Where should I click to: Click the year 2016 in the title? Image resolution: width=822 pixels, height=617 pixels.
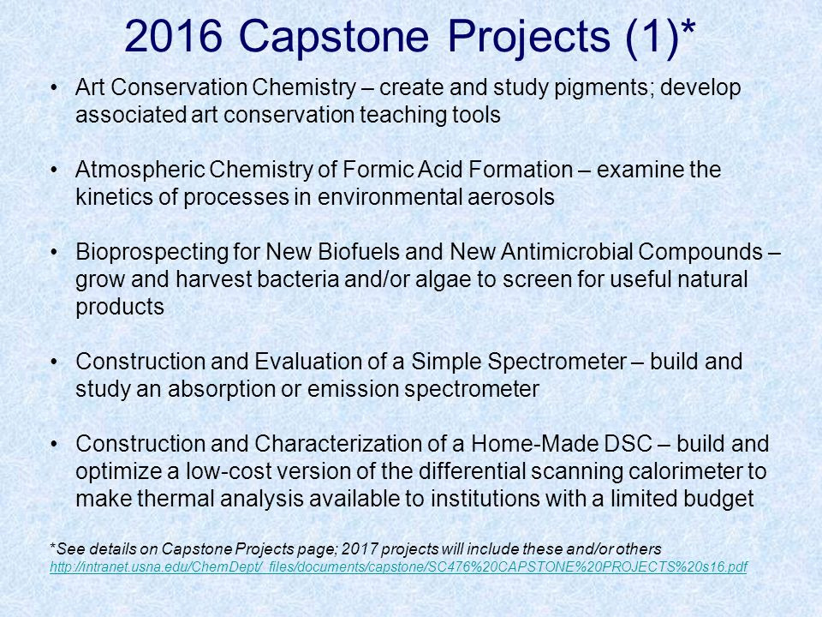pyautogui.click(x=174, y=36)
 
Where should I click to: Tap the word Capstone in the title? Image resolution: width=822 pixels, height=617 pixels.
pyautogui.click(x=333, y=38)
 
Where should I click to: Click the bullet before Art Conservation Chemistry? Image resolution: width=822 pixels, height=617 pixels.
pyautogui.click(x=53, y=87)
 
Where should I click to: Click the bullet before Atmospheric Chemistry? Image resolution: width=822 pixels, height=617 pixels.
pyautogui.click(x=53, y=170)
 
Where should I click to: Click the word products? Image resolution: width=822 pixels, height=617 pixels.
pyautogui.click(x=120, y=308)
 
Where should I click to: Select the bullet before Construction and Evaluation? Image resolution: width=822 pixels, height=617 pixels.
pyautogui.click(x=53, y=362)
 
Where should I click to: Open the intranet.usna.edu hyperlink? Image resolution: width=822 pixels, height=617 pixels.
pyautogui.click(x=398, y=567)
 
